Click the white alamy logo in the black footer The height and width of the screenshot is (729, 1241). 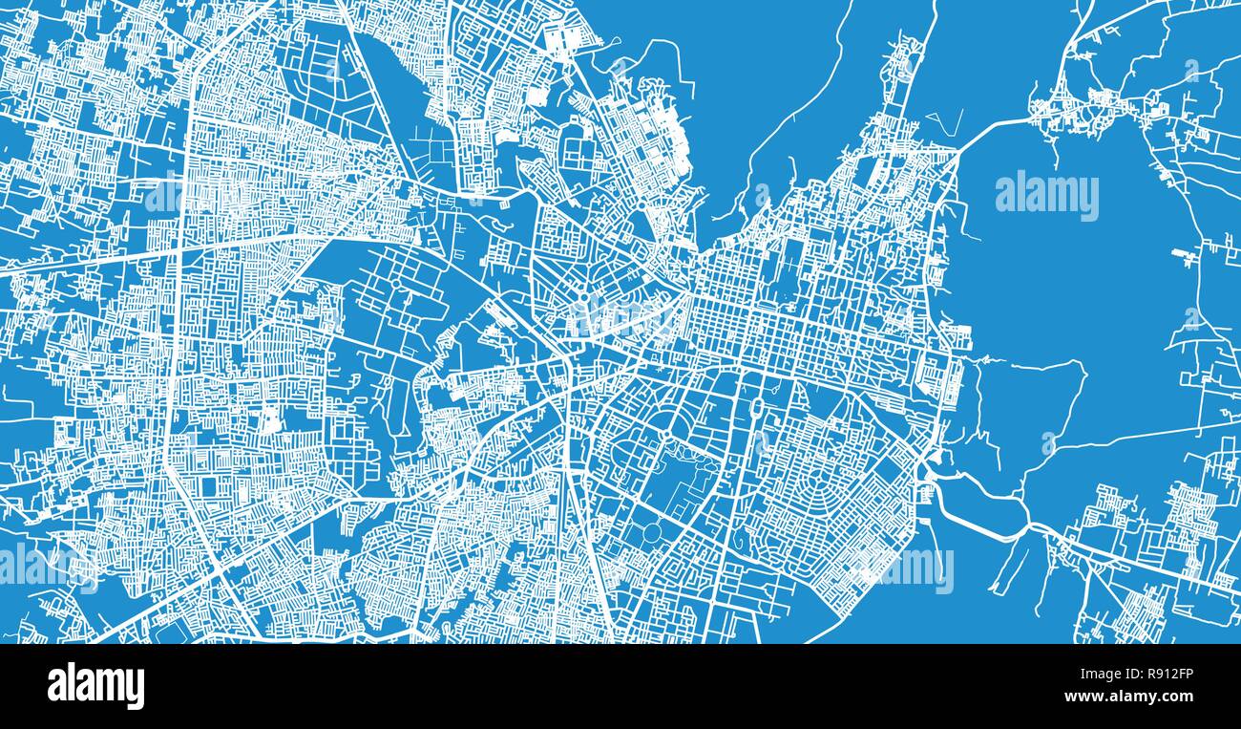click(95, 686)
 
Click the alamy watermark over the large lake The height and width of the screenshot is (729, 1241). click(1046, 195)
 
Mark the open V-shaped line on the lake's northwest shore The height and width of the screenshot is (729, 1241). click(944, 123)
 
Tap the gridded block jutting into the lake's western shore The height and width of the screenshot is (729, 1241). click(955, 336)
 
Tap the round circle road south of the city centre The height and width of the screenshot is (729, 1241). click(652, 531)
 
